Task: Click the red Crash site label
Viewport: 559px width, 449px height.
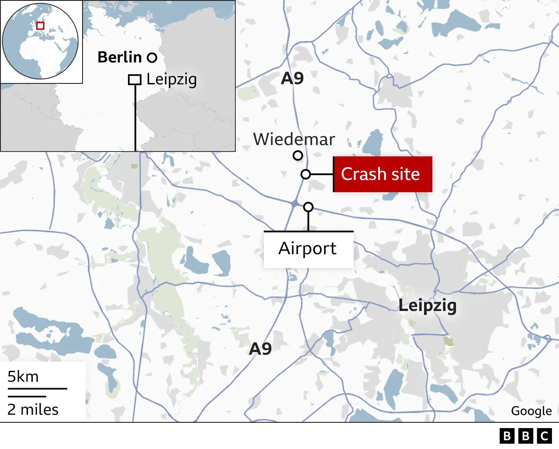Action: (x=383, y=174)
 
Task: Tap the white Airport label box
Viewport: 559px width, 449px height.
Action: (x=308, y=249)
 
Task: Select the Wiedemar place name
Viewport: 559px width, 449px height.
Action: (x=294, y=139)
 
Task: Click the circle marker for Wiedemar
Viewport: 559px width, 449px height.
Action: (x=298, y=155)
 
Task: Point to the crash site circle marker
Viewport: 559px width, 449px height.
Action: (x=306, y=175)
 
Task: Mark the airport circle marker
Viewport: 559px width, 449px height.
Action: (x=308, y=207)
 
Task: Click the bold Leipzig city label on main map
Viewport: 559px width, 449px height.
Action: (x=427, y=305)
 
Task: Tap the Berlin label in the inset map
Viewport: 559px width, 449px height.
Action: (x=119, y=57)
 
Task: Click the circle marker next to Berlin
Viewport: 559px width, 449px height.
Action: (x=152, y=58)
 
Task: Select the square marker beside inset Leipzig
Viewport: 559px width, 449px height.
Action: (x=135, y=80)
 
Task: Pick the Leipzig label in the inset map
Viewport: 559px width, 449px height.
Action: (x=172, y=79)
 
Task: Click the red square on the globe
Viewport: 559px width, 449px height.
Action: (x=40, y=26)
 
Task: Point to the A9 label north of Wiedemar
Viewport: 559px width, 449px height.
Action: (x=292, y=79)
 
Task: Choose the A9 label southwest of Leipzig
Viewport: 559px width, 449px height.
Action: (x=260, y=349)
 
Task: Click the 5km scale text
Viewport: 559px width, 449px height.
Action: (x=23, y=376)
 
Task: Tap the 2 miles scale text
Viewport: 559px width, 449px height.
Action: (x=33, y=410)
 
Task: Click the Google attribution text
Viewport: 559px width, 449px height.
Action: (x=531, y=411)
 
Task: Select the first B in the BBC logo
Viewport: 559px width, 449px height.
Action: (x=507, y=436)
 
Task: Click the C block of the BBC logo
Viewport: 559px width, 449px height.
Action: (x=545, y=436)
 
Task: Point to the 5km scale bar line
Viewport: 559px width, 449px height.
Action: (x=37, y=388)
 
